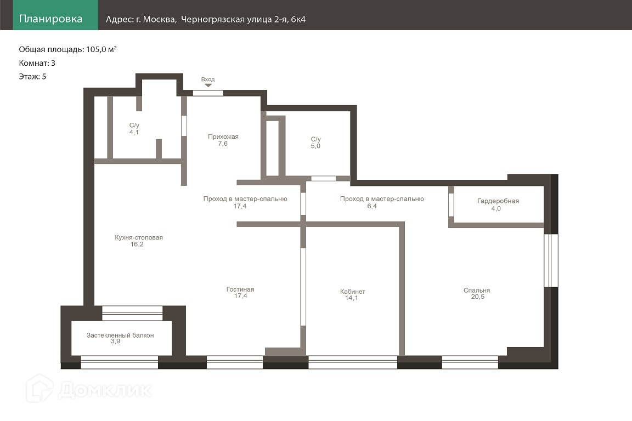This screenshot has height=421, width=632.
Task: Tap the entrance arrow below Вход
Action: [x=208, y=86]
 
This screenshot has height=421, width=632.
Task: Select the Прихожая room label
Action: [x=223, y=136]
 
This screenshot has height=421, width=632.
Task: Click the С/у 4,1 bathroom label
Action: [x=134, y=128]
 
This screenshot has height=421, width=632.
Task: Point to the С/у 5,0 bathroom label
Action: [x=315, y=143]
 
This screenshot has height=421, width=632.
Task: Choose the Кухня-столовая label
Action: [x=139, y=237]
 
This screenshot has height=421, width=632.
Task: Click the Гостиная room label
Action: [x=240, y=289]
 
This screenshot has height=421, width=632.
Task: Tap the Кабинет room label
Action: [x=353, y=291]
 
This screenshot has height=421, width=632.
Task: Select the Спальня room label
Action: [x=477, y=290]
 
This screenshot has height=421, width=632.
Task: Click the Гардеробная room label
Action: [x=498, y=201]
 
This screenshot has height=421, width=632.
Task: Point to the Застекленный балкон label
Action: [x=120, y=335]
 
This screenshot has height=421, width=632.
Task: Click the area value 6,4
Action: [x=372, y=206]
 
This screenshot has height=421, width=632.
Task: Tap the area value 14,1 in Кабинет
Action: [x=352, y=298]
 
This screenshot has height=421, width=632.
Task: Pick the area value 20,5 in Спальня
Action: [x=478, y=297]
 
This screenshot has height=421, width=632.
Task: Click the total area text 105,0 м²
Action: [x=101, y=49]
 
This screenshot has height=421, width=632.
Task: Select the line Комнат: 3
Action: [x=37, y=63]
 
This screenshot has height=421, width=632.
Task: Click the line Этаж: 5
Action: [x=33, y=77]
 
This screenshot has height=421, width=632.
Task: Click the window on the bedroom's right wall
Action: [x=551, y=260]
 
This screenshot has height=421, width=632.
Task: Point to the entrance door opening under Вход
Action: [x=208, y=93]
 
